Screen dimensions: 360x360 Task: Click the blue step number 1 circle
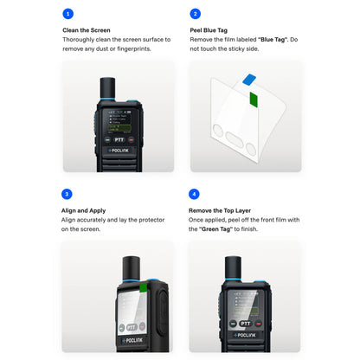pyautogui.click(x=68, y=14)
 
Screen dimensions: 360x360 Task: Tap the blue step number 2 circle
pyautogui.click(x=196, y=14)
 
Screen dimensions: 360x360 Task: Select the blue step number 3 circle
pyautogui.click(x=67, y=194)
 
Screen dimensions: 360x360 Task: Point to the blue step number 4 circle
pyautogui.click(x=194, y=194)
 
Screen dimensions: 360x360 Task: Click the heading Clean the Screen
pyautogui.click(x=87, y=30)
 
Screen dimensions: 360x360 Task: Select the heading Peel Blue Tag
pyautogui.click(x=209, y=30)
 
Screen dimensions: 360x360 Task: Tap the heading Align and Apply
pyautogui.click(x=83, y=210)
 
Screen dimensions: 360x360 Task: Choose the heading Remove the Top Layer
pyautogui.click(x=220, y=210)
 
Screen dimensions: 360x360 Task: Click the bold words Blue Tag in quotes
pyautogui.click(x=273, y=40)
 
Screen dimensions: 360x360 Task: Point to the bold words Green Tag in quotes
pyautogui.click(x=216, y=229)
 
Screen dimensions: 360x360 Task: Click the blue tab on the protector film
pyautogui.click(x=249, y=80)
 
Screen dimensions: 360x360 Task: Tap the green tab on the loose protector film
pyautogui.click(x=254, y=100)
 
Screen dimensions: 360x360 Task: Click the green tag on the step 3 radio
pyautogui.click(x=144, y=288)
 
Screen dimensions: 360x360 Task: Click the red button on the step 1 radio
pyautogui.click(x=132, y=140)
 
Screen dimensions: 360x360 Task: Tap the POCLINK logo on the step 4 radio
pyautogui.click(x=245, y=335)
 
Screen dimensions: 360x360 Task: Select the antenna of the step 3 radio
pyautogui.click(x=132, y=268)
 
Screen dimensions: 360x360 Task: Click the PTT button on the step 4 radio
pyautogui.click(x=246, y=324)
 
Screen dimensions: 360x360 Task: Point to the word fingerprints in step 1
pyautogui.click(x=134, y=48)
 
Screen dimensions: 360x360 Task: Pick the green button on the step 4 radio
pyautogui.click(x=233, y=324)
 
